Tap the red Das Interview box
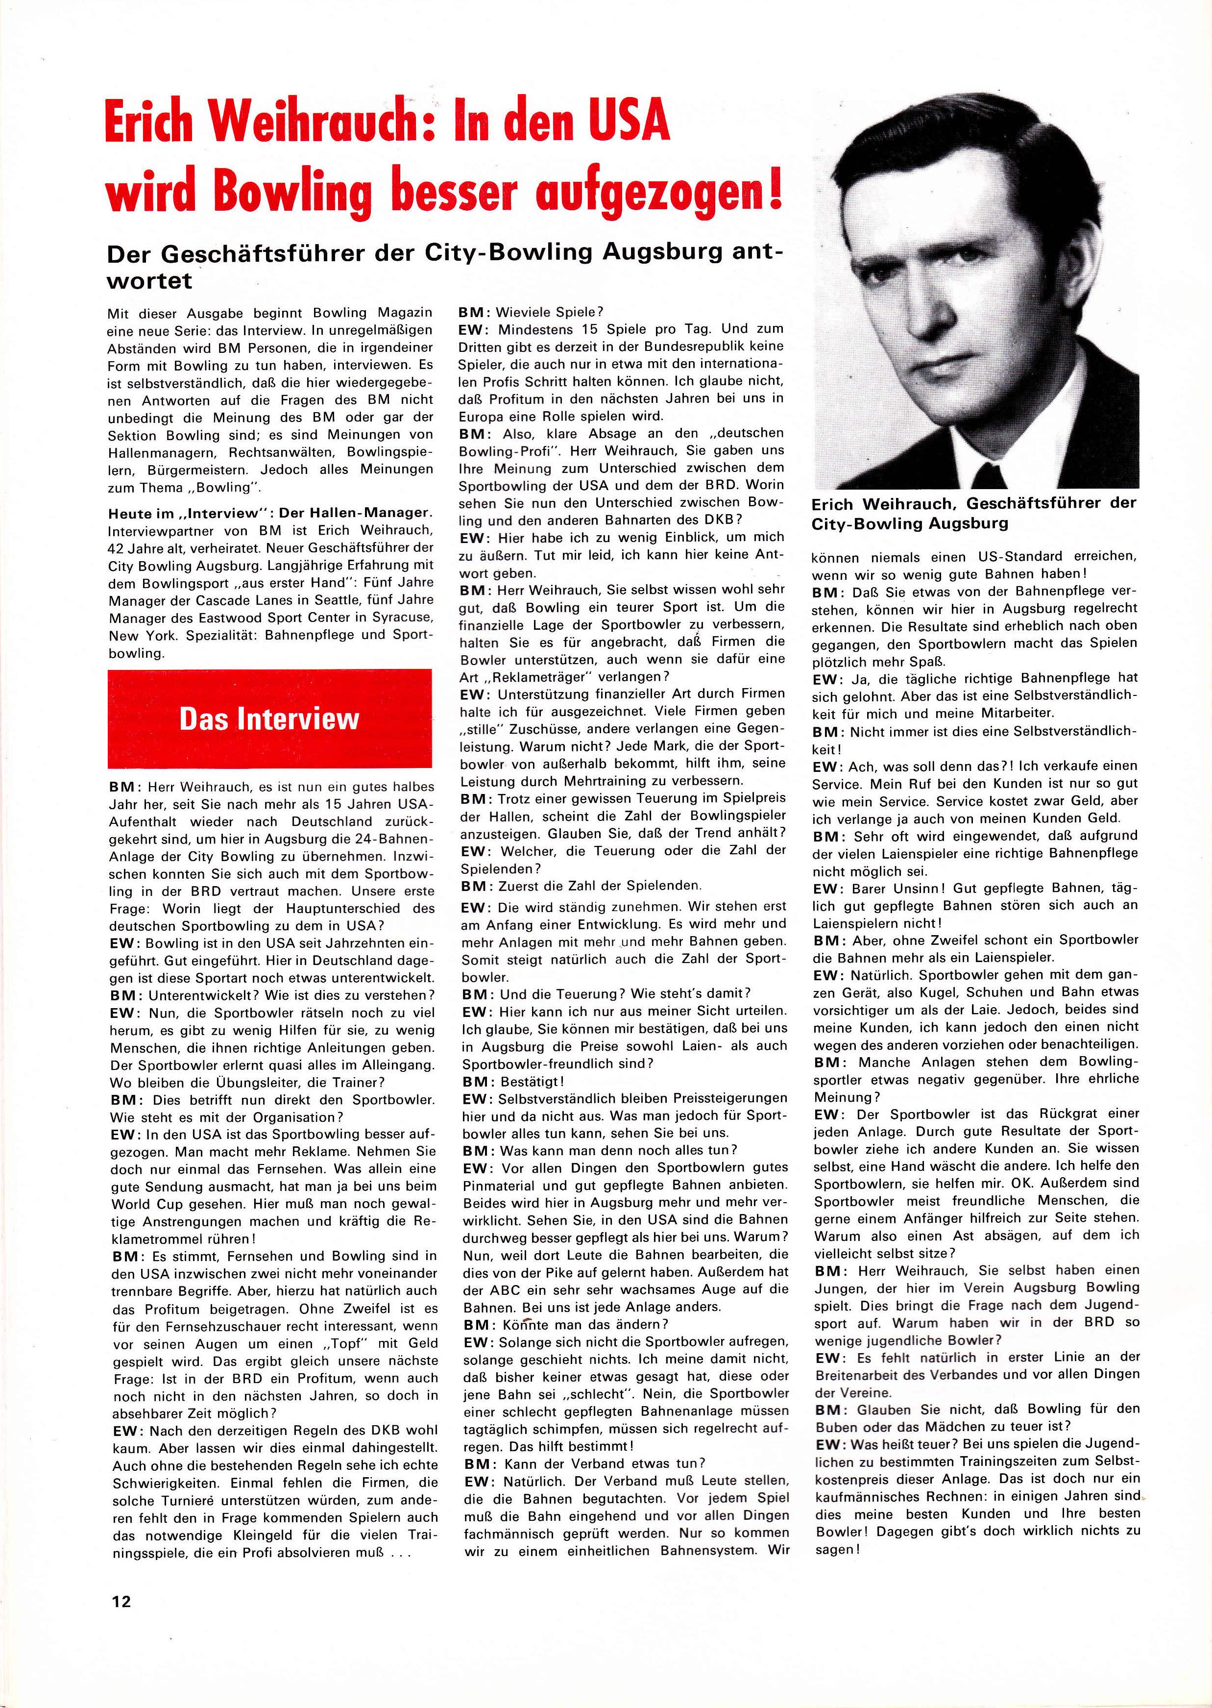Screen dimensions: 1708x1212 coord(269,718)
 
